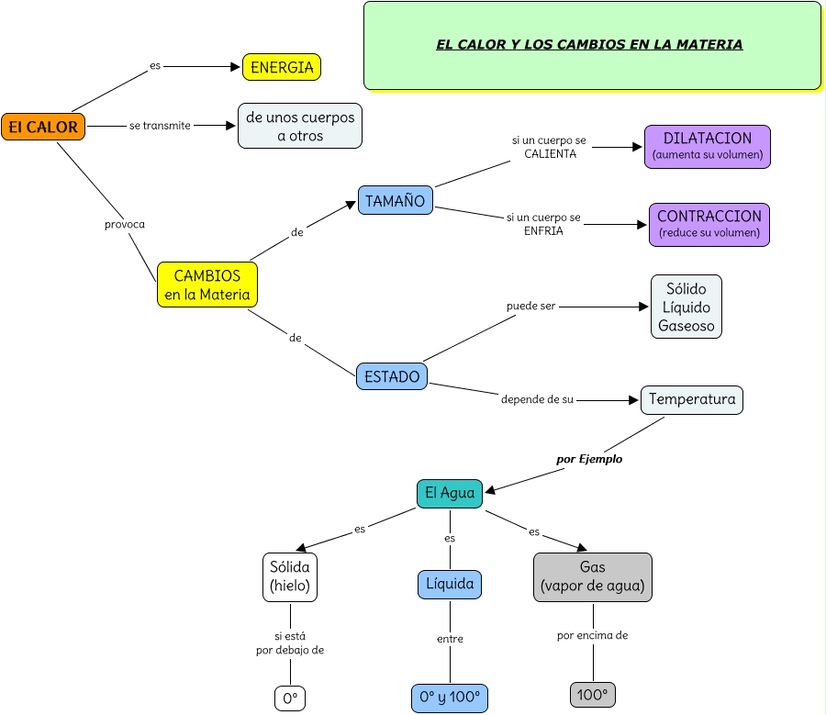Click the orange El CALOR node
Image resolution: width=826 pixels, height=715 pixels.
click(43, 127)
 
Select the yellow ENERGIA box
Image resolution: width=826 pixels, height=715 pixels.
click(282, 67)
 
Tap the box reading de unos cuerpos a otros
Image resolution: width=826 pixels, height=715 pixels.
click(300, 126)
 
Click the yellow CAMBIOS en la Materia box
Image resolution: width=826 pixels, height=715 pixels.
click(207, 285)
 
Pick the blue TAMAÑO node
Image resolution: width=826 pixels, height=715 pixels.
click(396, 201)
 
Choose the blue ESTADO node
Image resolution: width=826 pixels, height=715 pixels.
click(392, 376)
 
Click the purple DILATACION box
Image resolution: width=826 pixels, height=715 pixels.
click(708, 147)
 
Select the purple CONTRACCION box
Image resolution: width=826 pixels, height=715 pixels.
click(709, 224)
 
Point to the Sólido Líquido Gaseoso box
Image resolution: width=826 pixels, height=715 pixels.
click(686, 307)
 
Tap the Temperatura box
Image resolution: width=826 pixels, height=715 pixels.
click(692, 399)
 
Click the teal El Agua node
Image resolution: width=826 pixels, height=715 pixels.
click(450, 493)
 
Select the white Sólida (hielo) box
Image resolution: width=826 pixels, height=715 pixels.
click(290, 576)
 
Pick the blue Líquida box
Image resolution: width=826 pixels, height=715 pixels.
click(450, 584)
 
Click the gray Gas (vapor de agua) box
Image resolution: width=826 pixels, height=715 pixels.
click(593, 576)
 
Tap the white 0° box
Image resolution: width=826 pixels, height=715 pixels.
click(290, 698)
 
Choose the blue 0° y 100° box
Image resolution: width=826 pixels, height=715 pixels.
click(450, 698)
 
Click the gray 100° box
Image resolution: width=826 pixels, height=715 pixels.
click(593, 695)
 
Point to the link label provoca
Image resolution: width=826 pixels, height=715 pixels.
click(125, 224)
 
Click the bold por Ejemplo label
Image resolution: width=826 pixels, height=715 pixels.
click(589, 459)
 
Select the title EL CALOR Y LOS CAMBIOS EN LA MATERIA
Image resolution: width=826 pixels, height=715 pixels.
click(589, 44)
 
